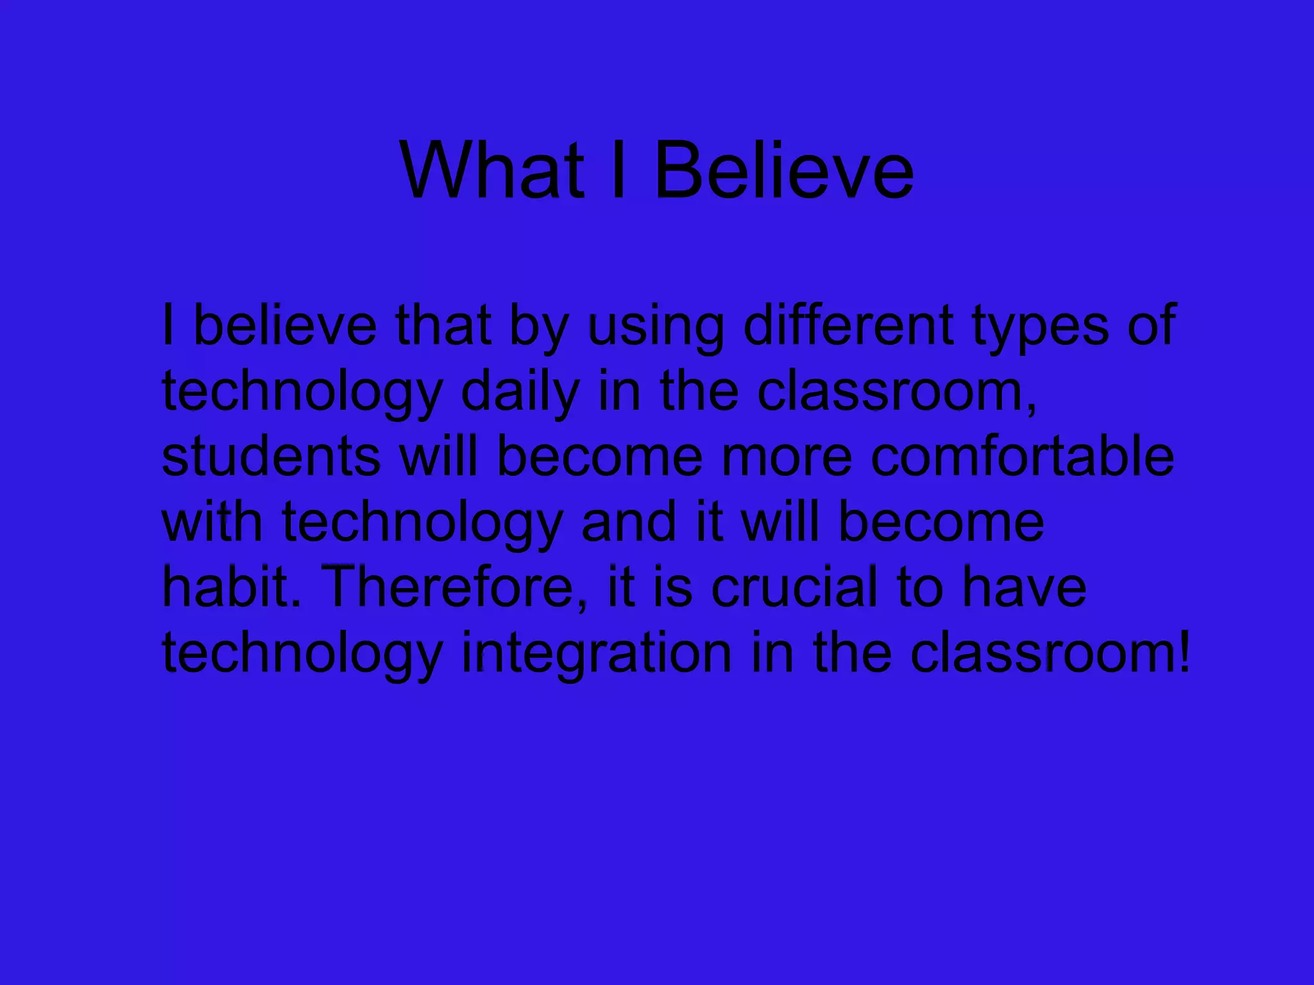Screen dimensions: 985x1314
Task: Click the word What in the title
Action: (x=491, y=171)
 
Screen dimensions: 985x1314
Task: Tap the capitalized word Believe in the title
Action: (x=783, y=171)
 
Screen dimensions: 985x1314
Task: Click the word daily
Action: (x=520, y=392)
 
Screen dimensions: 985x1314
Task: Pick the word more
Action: (x=787, y=458)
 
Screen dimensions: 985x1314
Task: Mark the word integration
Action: (x=596, y=654)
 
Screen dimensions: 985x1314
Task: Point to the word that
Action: (x=443, y=325)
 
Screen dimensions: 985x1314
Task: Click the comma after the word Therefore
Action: (x=581, y=603)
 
